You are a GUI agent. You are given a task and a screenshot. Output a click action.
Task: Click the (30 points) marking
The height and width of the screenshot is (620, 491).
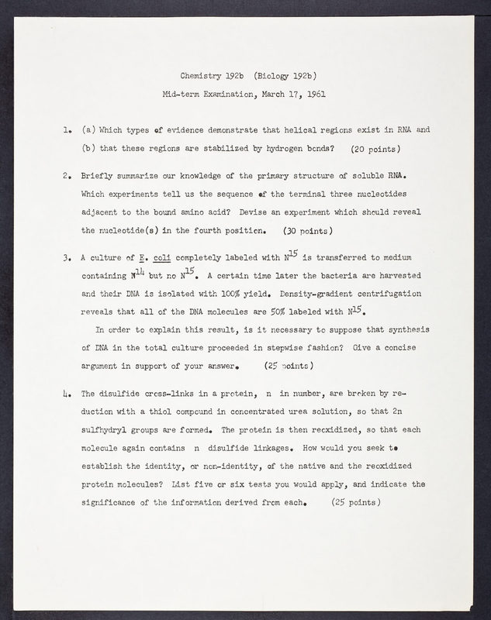pyautogui.click(x=308, y=229)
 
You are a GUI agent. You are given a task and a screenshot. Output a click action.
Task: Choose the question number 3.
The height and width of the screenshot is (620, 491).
pyautogui.click(x=61, y=257)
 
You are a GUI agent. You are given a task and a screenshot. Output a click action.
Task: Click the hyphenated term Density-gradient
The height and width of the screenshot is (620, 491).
pyautogui.click(x=343, y=295)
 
